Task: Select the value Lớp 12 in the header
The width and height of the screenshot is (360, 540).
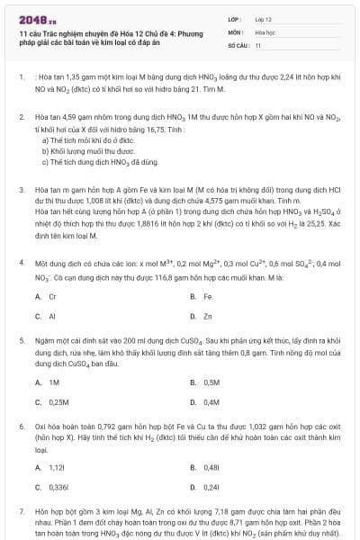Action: coord(264,18)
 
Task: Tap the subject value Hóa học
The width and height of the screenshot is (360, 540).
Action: coord(265,31)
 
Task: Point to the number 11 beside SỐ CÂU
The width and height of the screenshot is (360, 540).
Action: coord(258,44)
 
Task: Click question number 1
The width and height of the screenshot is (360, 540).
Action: coord(21,77)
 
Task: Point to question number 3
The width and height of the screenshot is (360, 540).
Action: coord(21,190)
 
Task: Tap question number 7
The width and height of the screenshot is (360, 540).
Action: coord(21,509)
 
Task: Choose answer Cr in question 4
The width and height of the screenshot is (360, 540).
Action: coord(52,295)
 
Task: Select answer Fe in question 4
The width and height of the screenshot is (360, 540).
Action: coord(207,295)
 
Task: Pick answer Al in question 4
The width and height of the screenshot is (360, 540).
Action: coord(52,316)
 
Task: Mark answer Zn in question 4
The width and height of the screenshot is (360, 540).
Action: coord(207,316)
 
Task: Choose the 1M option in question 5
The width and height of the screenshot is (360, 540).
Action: coord(54,382)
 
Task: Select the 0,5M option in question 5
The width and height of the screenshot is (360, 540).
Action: coord(211,382)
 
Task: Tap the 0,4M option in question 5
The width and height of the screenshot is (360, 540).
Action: coord(211,402)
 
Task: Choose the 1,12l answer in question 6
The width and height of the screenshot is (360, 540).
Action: coord(57,467)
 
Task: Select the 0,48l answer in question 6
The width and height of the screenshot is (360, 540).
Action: coord(211,467)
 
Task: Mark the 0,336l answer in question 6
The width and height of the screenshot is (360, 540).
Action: coord(58,487)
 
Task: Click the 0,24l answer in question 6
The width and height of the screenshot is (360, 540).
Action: coord(211,487)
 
